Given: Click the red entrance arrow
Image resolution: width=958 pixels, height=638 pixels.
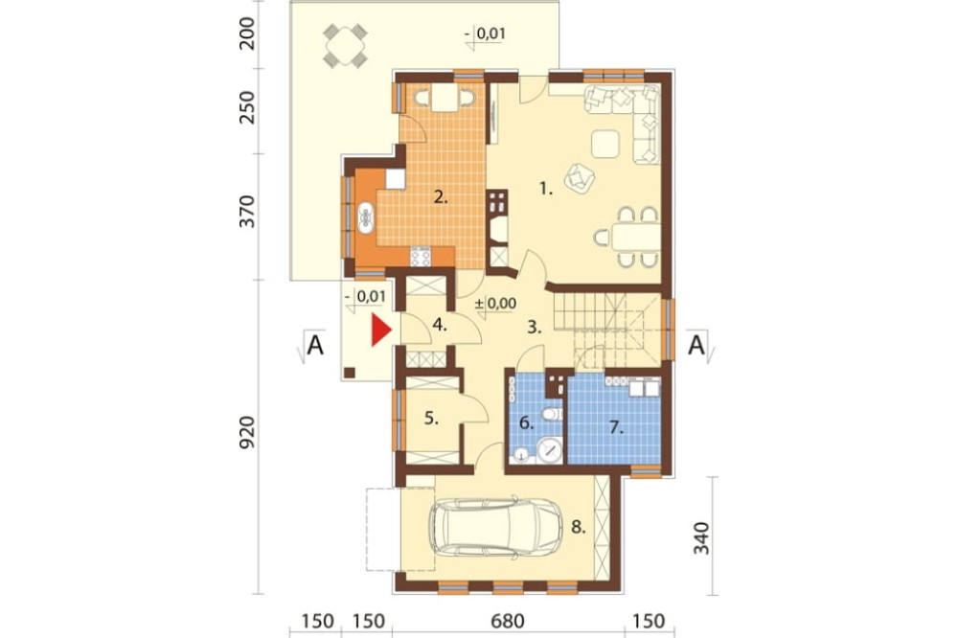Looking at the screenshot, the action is [x=380, y=330].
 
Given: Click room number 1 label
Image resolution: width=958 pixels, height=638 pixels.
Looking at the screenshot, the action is [x=546, y=190].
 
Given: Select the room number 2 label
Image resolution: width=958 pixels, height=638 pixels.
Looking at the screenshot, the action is [x=441, y=196].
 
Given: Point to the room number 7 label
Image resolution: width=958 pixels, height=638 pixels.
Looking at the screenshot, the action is [x=616, y=428].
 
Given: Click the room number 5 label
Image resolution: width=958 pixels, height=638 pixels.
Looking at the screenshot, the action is [x=432, y=419].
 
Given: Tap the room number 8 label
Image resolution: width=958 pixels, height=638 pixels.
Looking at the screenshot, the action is [x=579, y=527].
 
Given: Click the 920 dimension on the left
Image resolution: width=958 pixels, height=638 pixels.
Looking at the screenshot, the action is [x=247, y=433].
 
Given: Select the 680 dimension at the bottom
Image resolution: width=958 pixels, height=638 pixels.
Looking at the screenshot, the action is [x=508, y=622].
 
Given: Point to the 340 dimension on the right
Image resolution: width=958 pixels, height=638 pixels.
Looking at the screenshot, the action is [x=702, y=538].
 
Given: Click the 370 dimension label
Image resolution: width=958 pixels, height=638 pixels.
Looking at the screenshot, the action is [x=247, y=212].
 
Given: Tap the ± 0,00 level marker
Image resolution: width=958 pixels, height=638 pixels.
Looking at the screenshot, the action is [x=495, y=304].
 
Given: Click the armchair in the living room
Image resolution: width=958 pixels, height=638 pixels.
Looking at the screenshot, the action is [x=580, y=177].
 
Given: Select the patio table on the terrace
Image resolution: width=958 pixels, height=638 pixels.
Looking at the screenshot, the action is [x=345, y=45].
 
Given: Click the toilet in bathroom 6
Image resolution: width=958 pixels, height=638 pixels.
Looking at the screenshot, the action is [x=552, y=415].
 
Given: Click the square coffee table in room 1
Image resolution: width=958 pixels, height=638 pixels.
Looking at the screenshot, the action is [x=604, y=145].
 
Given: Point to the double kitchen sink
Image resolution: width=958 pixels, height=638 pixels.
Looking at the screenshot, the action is [x=365, y=216].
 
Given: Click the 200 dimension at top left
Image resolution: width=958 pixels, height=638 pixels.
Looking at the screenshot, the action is [x=247, y=33].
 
